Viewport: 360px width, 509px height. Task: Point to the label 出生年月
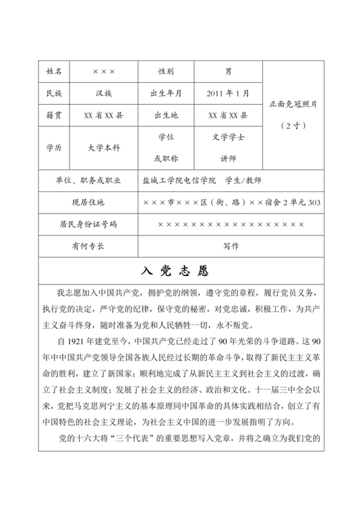coord(165,93)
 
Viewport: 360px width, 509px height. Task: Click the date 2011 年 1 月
coord(228,93)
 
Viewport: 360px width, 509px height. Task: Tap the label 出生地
coord(165,116)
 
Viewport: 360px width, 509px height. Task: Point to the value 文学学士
coord(228,137)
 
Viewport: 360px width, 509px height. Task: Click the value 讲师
coord(228,158)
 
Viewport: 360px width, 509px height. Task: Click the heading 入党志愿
coord(180,269)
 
